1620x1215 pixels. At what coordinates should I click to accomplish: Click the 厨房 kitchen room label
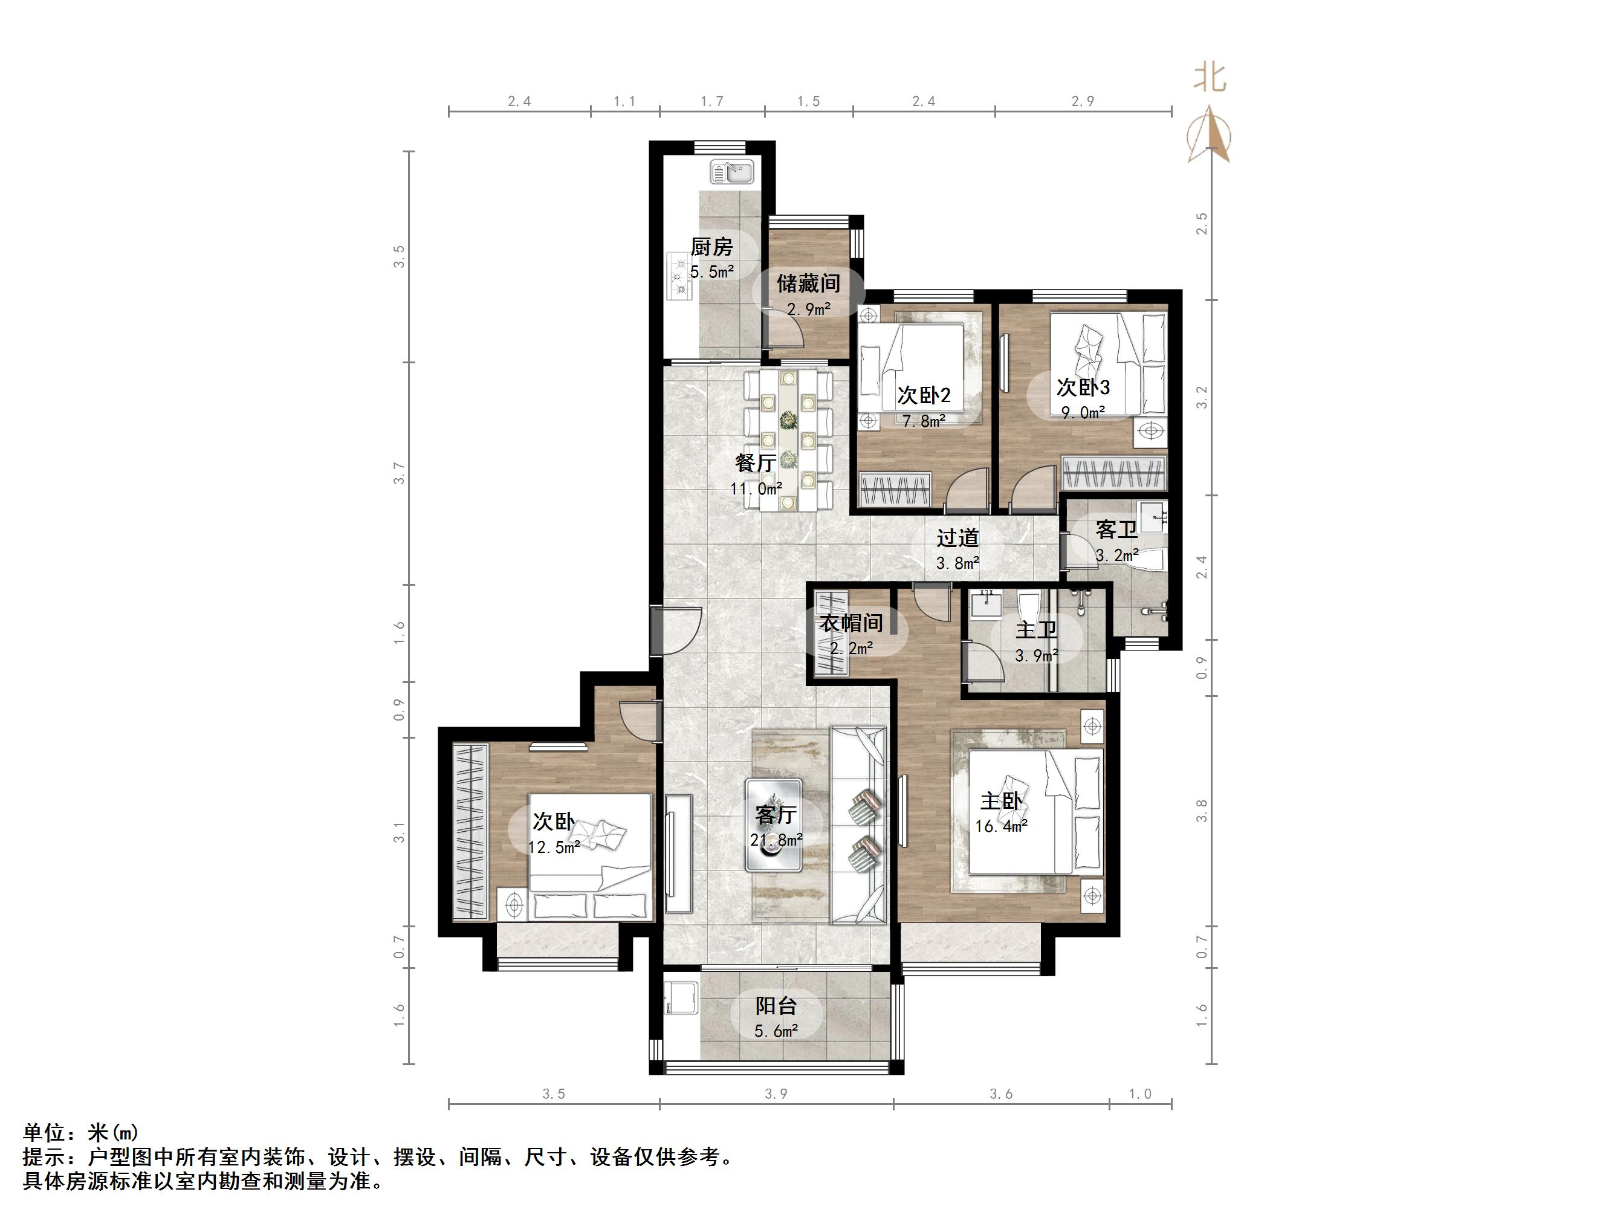(x=711, y=247)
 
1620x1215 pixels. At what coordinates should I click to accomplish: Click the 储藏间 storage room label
(x=809, y=283)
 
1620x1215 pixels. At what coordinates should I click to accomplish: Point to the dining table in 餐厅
(x=788, y=440)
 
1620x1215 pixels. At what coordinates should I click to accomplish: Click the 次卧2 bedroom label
(x=924, y=395)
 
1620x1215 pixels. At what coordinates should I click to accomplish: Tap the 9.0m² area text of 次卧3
(x=1083, y=412)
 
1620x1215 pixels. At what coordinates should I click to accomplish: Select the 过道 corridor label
(x=957, y=539)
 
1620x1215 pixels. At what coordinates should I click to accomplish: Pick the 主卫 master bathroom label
(x=1035, y=630)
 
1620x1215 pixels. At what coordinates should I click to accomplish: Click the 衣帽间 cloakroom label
(x=851, y=623)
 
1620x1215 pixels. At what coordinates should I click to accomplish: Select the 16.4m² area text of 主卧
(x=1001, y=826)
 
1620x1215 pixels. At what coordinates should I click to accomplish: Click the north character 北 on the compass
(x=1210, y=77)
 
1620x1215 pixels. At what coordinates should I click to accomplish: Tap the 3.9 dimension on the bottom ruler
(x=776, y=1093)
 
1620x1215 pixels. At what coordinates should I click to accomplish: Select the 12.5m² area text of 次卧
(x=554, y=847)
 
